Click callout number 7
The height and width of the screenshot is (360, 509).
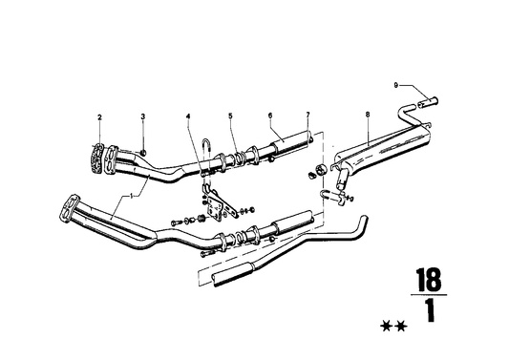(308, 116)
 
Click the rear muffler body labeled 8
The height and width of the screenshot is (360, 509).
(377, 154)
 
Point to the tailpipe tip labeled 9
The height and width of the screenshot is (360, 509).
(424, 96)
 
